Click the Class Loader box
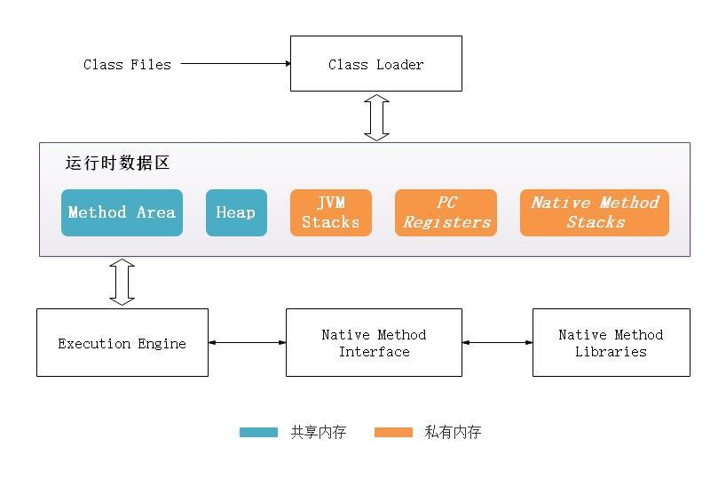click(375, 64)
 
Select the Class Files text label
click(127, 64)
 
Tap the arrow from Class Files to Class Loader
click(235, 63)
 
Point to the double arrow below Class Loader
click(377, 117)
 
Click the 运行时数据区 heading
click(117, 164)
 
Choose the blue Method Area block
click(122, 212)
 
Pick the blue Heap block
click(236, 212)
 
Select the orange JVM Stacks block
click(330, 212)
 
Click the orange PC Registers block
click(446, 212)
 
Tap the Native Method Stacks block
click(595, 212)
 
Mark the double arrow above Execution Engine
click(122, 283)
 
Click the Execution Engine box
click(122, 343)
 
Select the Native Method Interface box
click(374, 343)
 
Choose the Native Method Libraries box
click(611, 343)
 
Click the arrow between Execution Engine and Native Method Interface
click(247, 342)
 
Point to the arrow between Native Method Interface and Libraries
click(497, 342)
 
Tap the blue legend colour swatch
click(258, 433)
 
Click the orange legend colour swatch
click(393, 433)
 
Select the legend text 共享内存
click(319, 433)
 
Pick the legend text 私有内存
click(453, 433)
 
